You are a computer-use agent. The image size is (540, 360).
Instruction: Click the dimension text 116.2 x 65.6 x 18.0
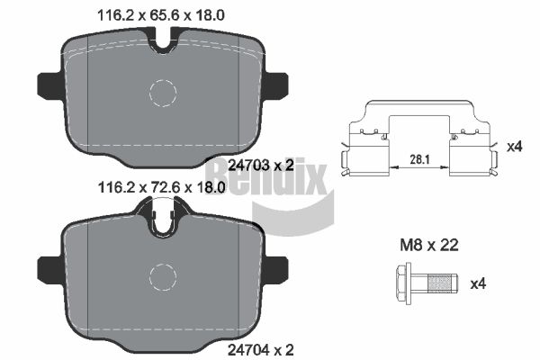pos(161,15)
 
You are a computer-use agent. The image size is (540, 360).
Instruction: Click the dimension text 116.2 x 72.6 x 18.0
pos(161,188)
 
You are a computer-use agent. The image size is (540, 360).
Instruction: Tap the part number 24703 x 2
pos(261,166)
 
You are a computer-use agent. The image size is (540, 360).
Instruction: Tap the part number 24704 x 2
pos(261,350)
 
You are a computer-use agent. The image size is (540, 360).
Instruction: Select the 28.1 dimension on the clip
pos(419,159)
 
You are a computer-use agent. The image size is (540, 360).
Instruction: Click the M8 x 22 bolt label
pos(429,246)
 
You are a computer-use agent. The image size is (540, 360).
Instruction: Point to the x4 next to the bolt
pos(478,283)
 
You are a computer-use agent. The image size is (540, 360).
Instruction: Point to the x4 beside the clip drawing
pos(515,147)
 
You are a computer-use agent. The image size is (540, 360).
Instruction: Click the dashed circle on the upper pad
pos(163,80)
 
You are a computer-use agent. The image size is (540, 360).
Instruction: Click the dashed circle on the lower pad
pos(163,265)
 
